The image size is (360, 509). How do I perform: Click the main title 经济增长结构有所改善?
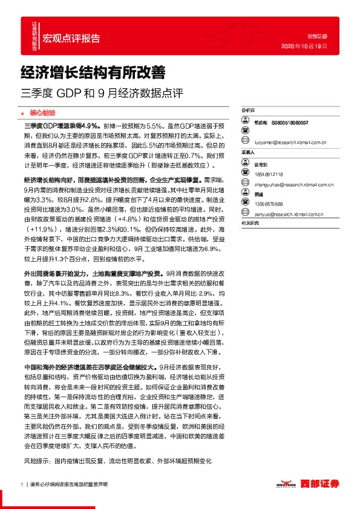[x=94, y=73]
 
